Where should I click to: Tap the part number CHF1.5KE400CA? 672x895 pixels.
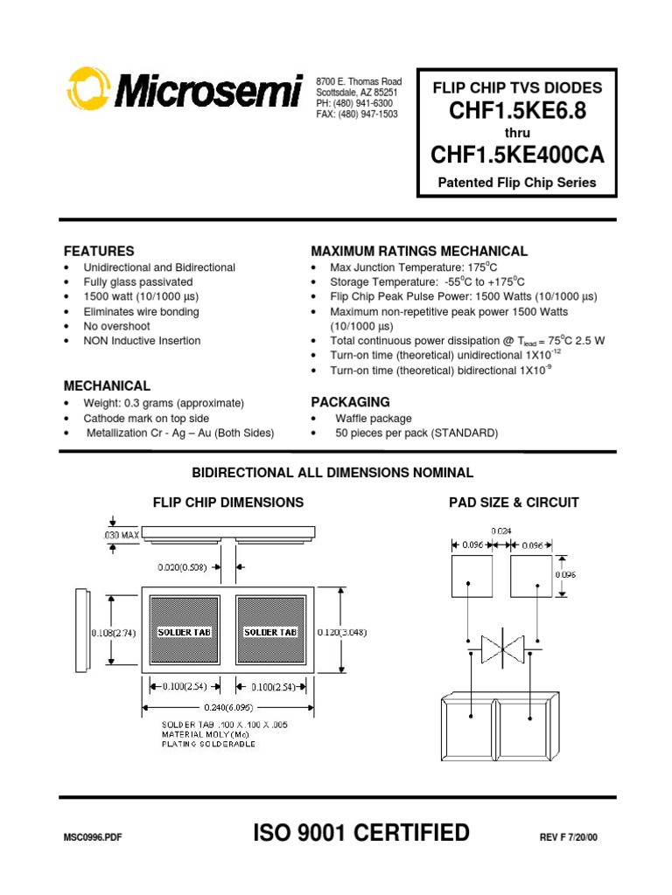pyautogui.click(x=517, y=155)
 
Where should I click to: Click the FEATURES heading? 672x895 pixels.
pyautogui.click(x=99, y=251)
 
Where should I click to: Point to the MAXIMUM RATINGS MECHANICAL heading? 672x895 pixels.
pyautogui.click(x=419, y=251)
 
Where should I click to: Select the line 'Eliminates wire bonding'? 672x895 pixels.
pyautogui.click(x=141, y=311)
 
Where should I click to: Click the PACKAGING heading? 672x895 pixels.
pyautogui.click(x=350, y=402)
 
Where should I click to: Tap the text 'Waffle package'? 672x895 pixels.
pyautogui.click(x=374, y=419)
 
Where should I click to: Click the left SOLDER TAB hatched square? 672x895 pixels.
pyautogui.click(x=185, y=632)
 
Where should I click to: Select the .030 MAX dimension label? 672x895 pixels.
pyautogui.click(x=116, y=534)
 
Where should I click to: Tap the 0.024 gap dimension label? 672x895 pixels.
pyautogui.click(x=501, y=531)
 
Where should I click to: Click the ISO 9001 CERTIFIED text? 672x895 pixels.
pyautogui.click(x=360, y=833)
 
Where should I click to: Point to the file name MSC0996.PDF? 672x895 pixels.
pyautogui.click(x=93, y=837)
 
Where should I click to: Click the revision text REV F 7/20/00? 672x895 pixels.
pyautogui.click(x=570, y=837)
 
